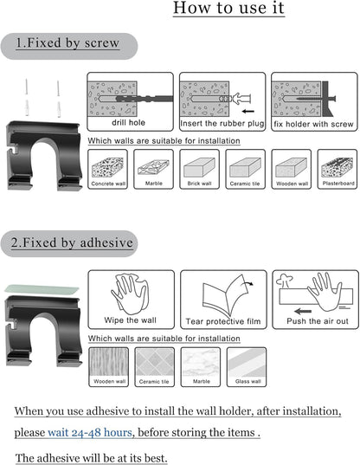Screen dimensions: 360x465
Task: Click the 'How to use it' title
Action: coord(228,8)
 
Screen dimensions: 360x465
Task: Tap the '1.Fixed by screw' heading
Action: coord(67,43)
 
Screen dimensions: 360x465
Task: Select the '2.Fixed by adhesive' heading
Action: coord(72,242)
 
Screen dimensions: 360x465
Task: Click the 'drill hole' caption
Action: coord(128,122)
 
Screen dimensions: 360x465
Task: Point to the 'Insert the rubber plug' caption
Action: coord(222,123)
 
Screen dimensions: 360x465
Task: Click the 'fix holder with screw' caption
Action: coord(313,124)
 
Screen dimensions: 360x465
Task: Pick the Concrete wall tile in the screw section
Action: coord(108,170)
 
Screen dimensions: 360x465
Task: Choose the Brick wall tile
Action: coord(199,170)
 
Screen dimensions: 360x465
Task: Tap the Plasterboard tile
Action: coord(337,170)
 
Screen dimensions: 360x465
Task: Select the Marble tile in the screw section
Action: coord(153,170)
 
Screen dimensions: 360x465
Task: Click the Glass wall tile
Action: coord(247,367)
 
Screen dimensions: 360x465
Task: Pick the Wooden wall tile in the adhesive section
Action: coord(109,367)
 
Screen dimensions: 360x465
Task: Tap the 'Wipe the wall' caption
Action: coord(131,320)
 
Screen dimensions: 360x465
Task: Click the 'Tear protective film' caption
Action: coord(223,321)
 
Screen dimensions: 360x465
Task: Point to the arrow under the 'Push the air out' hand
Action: coord(303,312)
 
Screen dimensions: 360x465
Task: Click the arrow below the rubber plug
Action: coord(248,112)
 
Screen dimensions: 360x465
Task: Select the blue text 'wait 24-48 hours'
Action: coord(90,432)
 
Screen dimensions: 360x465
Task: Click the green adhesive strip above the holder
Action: coord(42,289)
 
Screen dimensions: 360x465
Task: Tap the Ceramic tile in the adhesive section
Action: coord(154,367)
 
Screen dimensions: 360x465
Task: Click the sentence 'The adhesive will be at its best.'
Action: coord(91,458)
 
